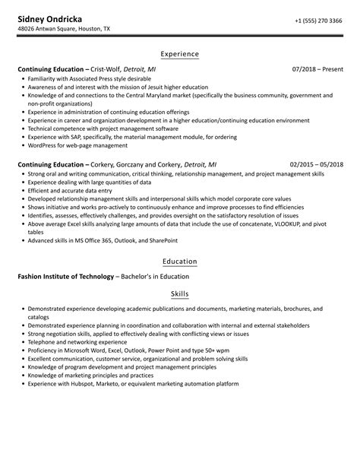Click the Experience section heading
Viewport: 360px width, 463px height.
pos(180,54)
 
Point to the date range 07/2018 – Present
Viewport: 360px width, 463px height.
pos(317,68)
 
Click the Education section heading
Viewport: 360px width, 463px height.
pos(180,262)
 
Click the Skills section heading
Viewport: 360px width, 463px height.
pos(180,293)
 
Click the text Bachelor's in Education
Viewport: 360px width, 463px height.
pos(159,276)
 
